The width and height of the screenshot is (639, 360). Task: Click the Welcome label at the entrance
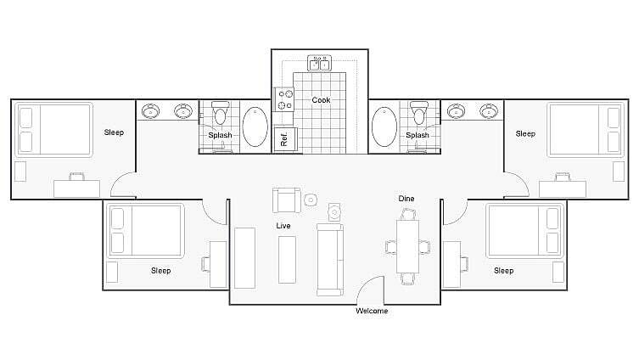(x=371, y=311)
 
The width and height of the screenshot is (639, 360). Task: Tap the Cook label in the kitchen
(x=321, y=100)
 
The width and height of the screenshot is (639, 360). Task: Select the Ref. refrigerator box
(x=284, y=138)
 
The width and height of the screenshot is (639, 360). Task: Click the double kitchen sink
(x=320, y=63)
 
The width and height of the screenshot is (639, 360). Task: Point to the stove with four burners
(x=283, y=99)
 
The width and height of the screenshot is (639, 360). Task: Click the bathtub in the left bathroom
(x=255, y=127)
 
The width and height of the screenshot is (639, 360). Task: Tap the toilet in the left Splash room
(x=221, y=114)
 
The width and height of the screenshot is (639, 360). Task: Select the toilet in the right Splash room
(x=418, y=113)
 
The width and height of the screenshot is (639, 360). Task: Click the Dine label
(x=406, y=199)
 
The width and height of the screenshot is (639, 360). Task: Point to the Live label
(x=283, y=226)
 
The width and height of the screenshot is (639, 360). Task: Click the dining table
(x=408, y=246)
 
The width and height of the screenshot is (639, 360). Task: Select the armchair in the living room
(x=285, y=200)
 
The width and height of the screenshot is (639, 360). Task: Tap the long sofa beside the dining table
(x=329, y=258)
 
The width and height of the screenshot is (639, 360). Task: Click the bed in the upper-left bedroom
(x=54, y=129)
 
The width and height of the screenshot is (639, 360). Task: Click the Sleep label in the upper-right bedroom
(x=525, y=133)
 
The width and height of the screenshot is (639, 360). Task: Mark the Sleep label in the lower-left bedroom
(x=160, y=271)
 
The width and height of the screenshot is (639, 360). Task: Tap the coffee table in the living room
(x=287, y=259)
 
